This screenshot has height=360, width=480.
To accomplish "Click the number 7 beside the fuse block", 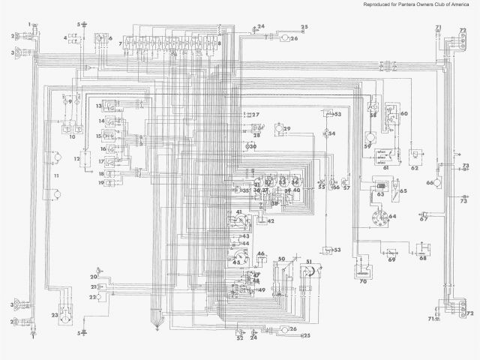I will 120,45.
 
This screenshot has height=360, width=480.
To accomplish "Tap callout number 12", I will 76,160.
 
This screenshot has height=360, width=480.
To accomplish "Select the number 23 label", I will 54,314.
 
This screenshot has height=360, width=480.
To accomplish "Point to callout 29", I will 286,129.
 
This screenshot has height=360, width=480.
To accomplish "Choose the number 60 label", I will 403,113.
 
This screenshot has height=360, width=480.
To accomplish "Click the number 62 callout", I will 413,168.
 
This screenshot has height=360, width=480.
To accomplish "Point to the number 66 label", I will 430,182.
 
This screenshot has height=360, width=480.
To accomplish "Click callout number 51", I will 307,261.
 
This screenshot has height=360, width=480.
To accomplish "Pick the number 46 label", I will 261,255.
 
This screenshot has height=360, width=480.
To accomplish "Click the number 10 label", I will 73,137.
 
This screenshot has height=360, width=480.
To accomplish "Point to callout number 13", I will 98,106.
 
